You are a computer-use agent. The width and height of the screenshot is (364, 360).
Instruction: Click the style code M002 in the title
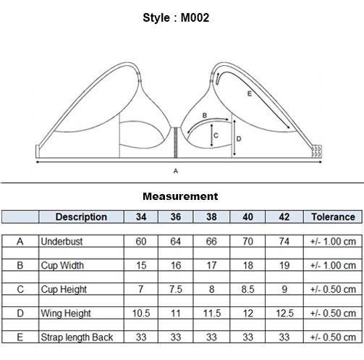(195, 18)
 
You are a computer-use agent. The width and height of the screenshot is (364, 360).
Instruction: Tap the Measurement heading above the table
(180, 196)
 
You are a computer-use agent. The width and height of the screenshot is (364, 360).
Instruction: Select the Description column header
(81, 217)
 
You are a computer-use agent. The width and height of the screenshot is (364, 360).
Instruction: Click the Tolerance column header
(333, 217)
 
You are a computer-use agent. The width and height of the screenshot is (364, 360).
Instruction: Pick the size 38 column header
(211, 217)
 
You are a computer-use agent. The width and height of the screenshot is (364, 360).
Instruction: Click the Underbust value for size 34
(141, 241)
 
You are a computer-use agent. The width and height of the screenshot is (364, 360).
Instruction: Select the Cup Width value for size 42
(284, 265)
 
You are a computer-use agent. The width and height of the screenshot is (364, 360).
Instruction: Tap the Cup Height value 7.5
(176, 289)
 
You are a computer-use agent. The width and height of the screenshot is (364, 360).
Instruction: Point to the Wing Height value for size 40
(247, 314)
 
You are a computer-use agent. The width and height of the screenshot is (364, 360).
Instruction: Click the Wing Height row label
(66, 314)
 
